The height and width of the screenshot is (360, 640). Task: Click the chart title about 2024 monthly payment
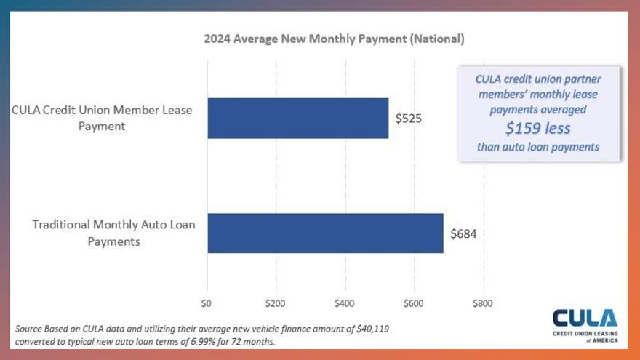pos(334,38)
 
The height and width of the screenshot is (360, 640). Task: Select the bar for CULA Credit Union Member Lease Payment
pos(298,118)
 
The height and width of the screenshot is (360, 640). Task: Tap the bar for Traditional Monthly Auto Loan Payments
pos(325,233)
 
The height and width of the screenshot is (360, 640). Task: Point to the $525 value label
pos(409,118)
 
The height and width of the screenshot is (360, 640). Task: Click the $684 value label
pos(463,233)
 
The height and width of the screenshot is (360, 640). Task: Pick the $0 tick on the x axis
pos(207,303)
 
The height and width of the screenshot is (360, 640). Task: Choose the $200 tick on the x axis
pos(275,303)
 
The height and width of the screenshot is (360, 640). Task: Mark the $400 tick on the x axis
pos(344,303)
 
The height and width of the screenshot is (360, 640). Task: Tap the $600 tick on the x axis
pos(413,303)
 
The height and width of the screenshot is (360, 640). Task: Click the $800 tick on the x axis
pos(482,303)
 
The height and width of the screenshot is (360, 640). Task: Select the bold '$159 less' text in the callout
pos(537,129)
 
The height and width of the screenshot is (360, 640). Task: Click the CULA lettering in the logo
pos(585,319)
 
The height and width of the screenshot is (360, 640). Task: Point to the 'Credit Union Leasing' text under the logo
pos(585,333)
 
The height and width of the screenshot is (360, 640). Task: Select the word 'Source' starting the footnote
pos(29,329)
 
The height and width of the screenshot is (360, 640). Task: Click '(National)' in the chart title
pos(437,38)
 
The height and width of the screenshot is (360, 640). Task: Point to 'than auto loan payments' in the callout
pos(537,148)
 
